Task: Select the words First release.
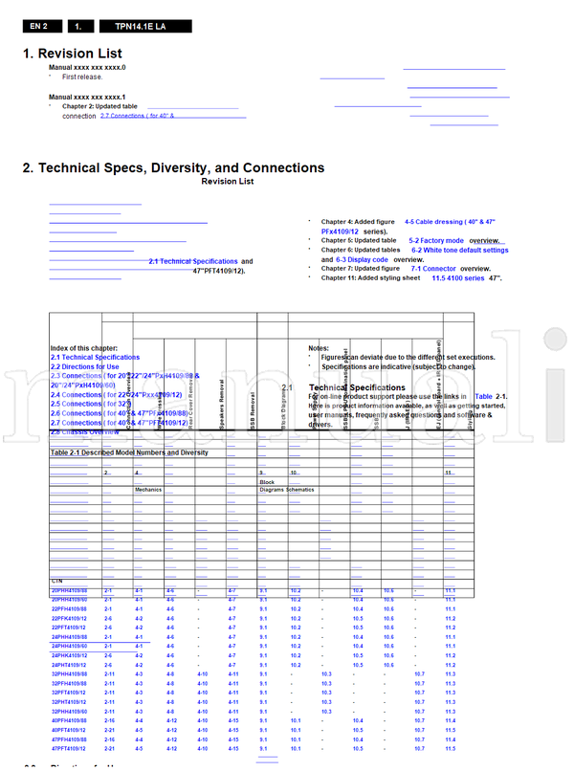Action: [x=82, y=77]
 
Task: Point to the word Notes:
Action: [x=319, y=348]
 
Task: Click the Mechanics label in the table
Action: [x=148, y=489]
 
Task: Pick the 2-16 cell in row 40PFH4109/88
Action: [x=108, y=720]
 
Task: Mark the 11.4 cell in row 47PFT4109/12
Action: [x=450, y=749]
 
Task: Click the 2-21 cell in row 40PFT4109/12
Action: [x=108, y=730]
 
